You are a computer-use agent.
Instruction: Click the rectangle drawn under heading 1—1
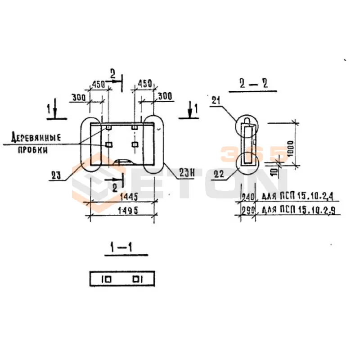(x=122, y=279)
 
